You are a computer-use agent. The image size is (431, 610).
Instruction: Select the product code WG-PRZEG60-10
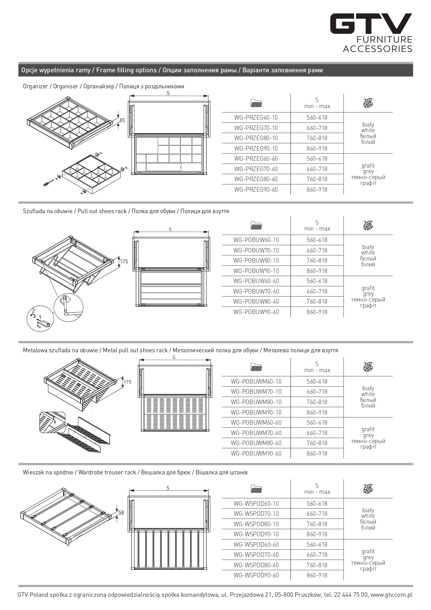[256, 118]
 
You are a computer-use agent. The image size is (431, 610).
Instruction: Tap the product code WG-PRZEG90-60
[256, 190]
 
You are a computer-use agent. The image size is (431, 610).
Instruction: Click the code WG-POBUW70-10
[256, 250]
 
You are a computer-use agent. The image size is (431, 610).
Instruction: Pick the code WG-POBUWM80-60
[256, 443]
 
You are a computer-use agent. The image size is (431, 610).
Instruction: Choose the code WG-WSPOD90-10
[256, 534]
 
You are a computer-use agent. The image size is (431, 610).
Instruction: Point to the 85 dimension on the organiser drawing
[122, 120]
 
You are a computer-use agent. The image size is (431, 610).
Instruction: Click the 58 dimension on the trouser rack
[121, 513]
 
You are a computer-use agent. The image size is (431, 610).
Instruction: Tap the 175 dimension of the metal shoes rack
[127, 382]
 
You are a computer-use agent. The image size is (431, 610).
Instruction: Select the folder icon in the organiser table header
[256, 103]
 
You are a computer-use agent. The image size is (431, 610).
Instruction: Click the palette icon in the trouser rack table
[368, 489]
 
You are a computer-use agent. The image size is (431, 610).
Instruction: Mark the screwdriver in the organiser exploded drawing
[49, 182]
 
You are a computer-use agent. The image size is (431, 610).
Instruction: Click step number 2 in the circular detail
[33, 311]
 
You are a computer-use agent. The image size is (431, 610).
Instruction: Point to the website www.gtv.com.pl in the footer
[391, 595]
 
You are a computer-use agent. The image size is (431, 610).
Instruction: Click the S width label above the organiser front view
[168, 93]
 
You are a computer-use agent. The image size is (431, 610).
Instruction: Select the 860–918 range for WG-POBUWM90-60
[317, 454]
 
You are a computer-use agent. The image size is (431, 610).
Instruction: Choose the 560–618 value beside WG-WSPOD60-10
[317, 504]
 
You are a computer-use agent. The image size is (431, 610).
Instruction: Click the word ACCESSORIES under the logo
[378, 49]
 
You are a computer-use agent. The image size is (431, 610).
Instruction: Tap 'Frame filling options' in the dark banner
[126, 70]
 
